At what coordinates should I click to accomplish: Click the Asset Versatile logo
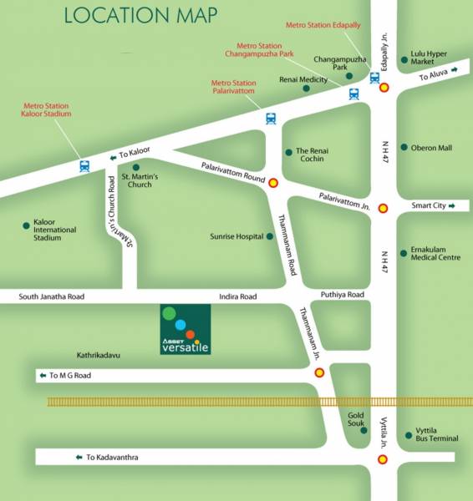pyautogui.click(x=186, y=330)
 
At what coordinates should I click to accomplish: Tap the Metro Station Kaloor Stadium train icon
pyautogui.click(x=84, y=165)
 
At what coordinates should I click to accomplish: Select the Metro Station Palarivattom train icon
pyautogui.click(x=271, y=118)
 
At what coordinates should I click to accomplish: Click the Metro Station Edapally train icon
pyautogui.click(x=374, y=78)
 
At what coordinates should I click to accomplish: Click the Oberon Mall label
pyautogui.click(x=431, y=148)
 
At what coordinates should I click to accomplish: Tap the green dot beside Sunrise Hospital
pyautogui.click(x=269, y=236)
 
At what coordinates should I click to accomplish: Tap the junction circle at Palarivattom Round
pyautogui.click(x=272, y=182)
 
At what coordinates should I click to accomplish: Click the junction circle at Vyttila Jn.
pyautogui.click(x=383, y=459)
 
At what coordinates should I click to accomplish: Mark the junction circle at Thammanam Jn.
pyautogui.click(x=319, y=372)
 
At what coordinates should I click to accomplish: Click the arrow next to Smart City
pyautogui.click(x=452, y=205)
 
